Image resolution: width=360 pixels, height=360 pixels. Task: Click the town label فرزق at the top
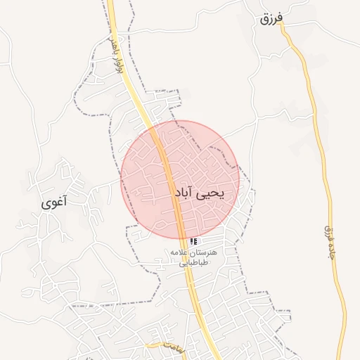(270, 19)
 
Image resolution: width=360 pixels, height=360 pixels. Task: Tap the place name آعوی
(54, 203)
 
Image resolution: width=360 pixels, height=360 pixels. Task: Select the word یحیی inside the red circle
(209, 191)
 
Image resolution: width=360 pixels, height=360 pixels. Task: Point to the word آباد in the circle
(182, 192)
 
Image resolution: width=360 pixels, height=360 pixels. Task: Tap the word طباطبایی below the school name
(193, 264)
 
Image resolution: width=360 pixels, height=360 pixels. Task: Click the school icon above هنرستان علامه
(193, 241)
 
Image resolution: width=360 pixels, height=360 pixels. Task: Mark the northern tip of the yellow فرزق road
(281, 22)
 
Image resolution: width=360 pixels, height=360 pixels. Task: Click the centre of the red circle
(180, 180)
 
